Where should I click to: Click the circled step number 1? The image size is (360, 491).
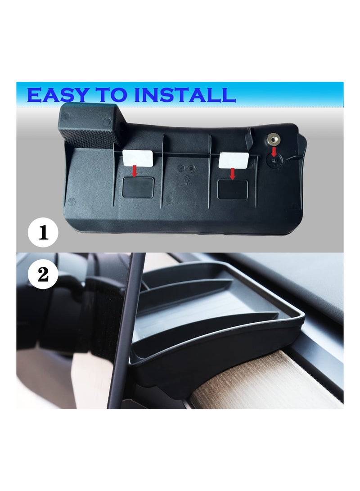click(43, 233)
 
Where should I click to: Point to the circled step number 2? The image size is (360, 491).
click(43, 274)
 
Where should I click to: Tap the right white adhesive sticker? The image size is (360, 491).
click(234, 159)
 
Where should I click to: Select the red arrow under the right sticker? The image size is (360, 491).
click(232, 173)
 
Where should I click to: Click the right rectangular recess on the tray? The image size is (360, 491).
click(232, 189)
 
